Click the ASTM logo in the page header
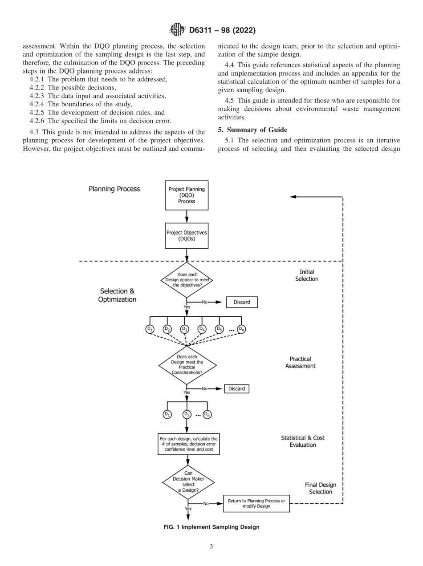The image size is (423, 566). tap(178, 30)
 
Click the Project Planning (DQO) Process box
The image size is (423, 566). tap(187, 195)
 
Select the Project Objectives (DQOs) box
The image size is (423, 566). tap(187, 235)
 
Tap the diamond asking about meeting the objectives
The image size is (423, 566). tap(187, 280)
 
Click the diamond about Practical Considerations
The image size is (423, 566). tap(187, 365)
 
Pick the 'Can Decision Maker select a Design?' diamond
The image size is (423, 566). tap(188, 482)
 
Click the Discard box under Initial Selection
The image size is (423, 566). tap(242, 302)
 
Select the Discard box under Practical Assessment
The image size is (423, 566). tap(236, 388)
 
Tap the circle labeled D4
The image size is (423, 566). tap(202, 329)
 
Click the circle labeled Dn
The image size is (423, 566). tap(241, 329)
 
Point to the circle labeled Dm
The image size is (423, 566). tap(207, 414)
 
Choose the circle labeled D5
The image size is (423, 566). tap(219, 329)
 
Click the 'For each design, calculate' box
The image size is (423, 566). tap(188, 444)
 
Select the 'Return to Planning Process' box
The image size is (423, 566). tap(256, 503)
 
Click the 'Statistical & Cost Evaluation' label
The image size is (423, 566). tap(302, 441)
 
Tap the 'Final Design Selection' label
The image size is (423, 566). tap(320, 488)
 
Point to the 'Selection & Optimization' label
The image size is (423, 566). tap(117, 295)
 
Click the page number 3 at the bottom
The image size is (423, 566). tap(211, 546)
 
